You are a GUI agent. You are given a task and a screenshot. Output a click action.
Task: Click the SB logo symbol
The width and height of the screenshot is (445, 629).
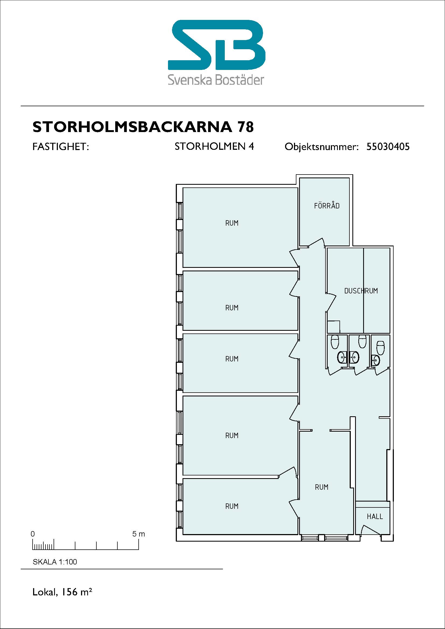click(x=216, y=45)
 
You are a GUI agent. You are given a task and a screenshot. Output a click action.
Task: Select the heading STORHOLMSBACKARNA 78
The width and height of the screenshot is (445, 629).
click(x=143, y=127)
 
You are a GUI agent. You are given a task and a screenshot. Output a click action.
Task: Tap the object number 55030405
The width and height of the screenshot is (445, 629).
click(x=388, y=147)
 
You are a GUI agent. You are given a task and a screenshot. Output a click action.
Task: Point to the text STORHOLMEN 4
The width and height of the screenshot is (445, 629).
click(x=214, y=147)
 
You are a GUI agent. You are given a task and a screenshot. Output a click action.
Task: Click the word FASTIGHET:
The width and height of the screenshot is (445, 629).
click(x=61, y=147)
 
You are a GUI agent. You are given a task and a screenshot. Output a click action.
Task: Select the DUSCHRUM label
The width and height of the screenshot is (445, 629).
click(x=361, y=291)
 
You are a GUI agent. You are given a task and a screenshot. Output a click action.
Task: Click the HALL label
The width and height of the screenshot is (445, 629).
click(x=375, y=516)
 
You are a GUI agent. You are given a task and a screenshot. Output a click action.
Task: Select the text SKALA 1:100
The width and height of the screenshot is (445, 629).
click(x=55, y=562)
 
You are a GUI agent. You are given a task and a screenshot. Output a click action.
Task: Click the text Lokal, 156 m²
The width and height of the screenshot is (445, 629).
click(x=62, y=592)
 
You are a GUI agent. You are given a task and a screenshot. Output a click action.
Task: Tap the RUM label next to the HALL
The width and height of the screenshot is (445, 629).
click(x=322, y=487)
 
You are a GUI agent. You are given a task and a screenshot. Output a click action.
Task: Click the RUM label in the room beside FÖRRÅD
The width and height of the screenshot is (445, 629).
click(x=232, y=223)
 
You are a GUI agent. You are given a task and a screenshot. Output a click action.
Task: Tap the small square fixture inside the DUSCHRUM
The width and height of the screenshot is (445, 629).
click(x=334, y=326)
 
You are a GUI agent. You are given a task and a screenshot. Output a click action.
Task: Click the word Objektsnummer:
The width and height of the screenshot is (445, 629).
click(x=322, y=147)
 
